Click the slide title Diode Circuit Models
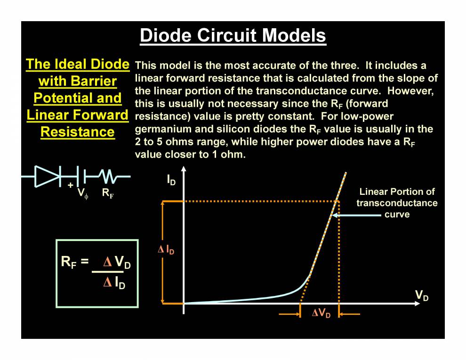233,36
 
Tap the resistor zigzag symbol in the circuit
109,177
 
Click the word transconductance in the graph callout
397,203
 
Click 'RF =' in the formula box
75,262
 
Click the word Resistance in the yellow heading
78,132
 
